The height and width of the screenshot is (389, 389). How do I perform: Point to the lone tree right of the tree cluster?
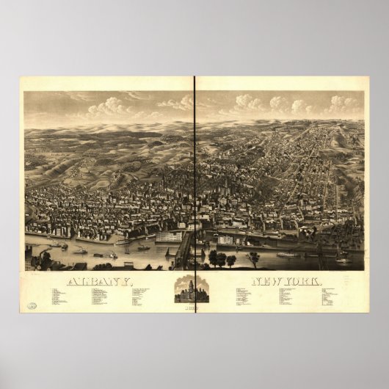click(x=254, y=258)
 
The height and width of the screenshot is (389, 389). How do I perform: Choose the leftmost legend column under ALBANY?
click(x=59, y=296)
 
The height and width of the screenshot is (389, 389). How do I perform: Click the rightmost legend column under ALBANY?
click(x=144, y=294)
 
